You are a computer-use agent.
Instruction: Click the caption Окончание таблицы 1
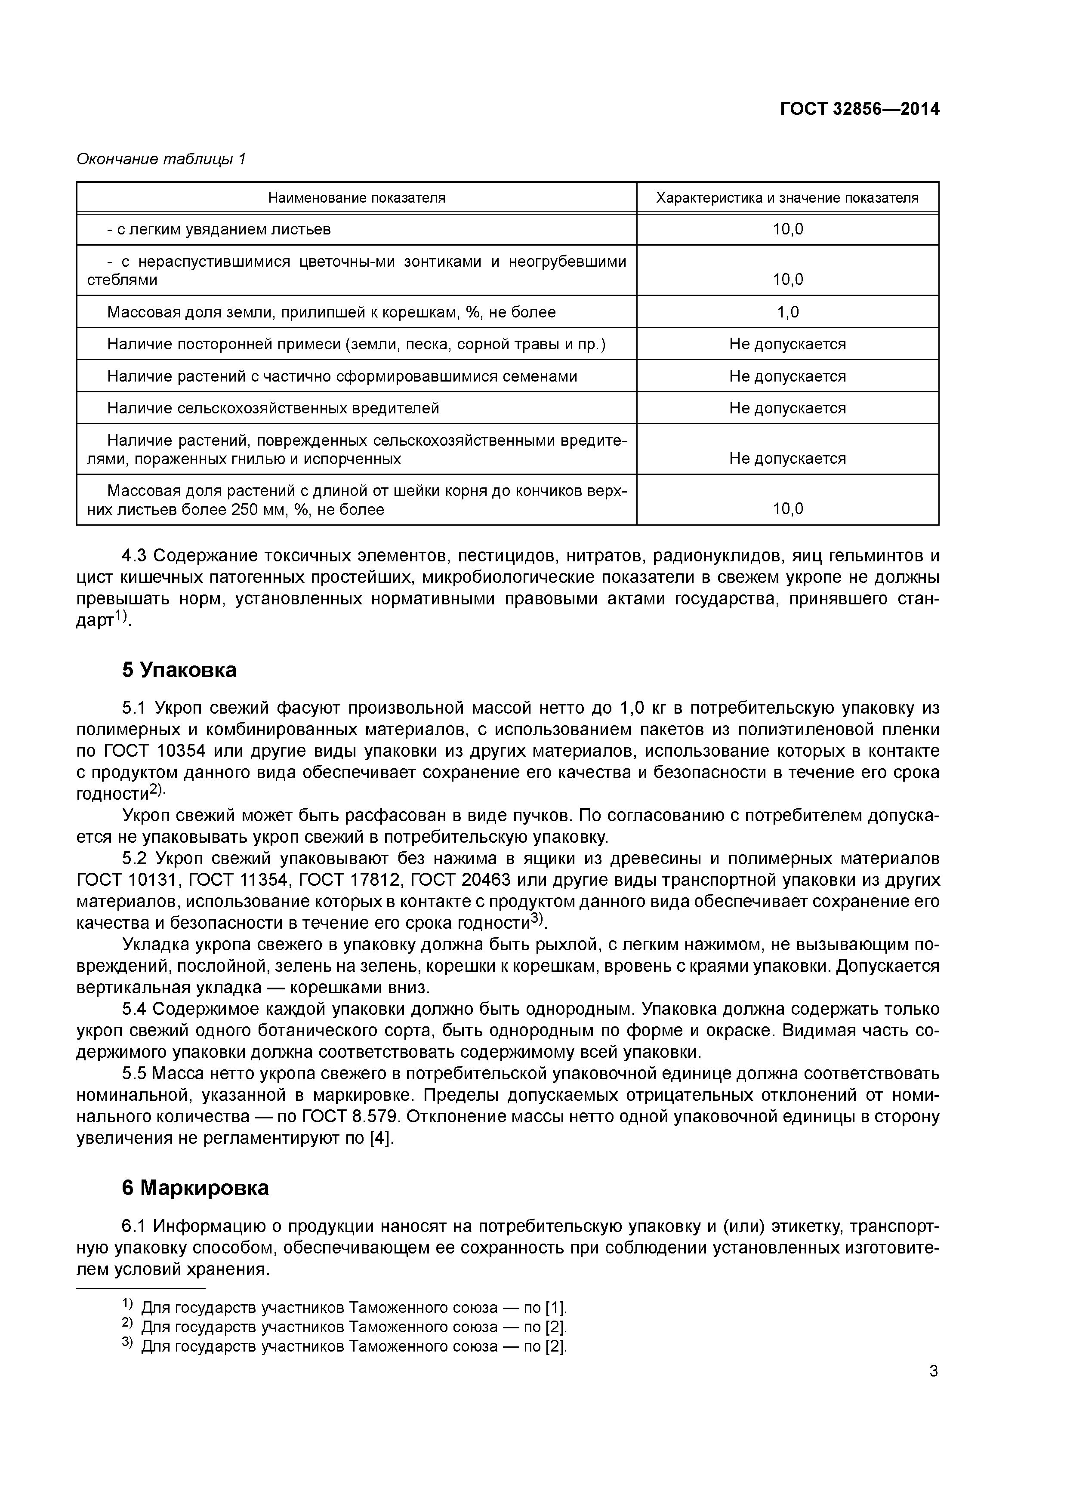click(x=161, y=159)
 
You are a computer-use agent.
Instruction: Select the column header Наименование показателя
click(x=356, y=198)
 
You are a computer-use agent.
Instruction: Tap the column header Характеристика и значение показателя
click(x=787, y=198)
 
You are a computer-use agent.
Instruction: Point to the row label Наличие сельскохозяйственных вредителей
click(x=273, y=408)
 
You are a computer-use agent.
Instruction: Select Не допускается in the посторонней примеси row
click(x=787, y=345)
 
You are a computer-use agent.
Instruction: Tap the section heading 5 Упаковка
click(x=179, y=670)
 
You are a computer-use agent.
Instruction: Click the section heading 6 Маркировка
click(x=195, y=1188)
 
